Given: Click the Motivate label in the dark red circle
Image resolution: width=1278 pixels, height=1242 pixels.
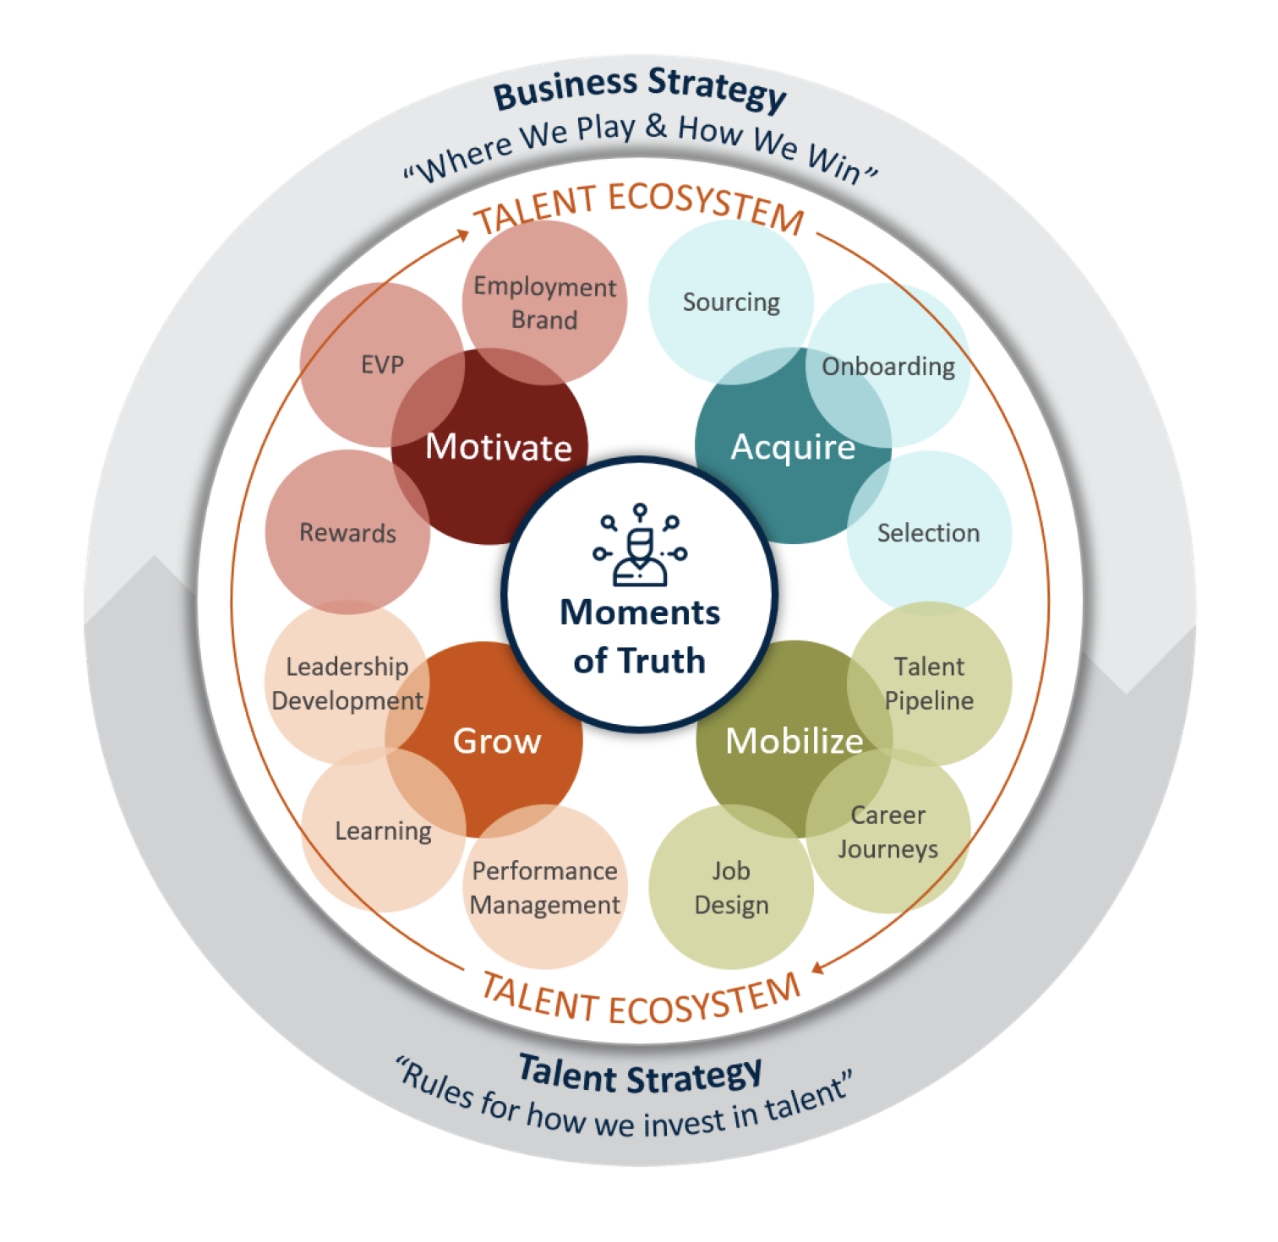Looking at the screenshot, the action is pos(499,447).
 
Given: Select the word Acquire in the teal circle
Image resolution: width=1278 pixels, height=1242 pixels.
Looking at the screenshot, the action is pos(793,448).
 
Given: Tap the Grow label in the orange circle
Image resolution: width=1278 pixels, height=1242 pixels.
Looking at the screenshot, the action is pos(497,741).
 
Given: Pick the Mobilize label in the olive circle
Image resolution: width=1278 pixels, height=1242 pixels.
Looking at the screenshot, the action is pos(795,741).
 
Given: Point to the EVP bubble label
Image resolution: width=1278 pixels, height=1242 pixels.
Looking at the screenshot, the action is pos(383,365).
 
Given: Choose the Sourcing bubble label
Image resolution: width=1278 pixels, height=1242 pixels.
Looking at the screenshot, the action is pos(731,302).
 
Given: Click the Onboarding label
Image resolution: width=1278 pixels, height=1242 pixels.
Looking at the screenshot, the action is pos(888,367).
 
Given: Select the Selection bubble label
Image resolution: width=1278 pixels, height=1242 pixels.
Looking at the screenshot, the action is pos(928,533).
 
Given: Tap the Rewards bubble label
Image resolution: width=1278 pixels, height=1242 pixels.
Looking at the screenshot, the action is pos(347,533).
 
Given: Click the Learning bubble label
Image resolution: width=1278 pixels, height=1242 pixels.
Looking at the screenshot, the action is pos(383,831).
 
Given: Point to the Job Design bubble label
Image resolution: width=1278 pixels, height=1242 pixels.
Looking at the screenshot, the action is pos(731,888).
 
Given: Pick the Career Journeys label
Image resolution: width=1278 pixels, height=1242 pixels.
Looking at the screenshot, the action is pos(887,832).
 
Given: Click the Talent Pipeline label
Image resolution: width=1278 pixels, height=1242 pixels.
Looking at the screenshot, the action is pos(929,684).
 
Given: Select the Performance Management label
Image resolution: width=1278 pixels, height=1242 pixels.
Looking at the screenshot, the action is pos(545,888).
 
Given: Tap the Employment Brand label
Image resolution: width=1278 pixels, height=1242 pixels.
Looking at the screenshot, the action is pos(545,302).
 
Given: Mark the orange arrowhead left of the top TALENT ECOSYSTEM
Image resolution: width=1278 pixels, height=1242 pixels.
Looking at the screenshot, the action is pos(461,234).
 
